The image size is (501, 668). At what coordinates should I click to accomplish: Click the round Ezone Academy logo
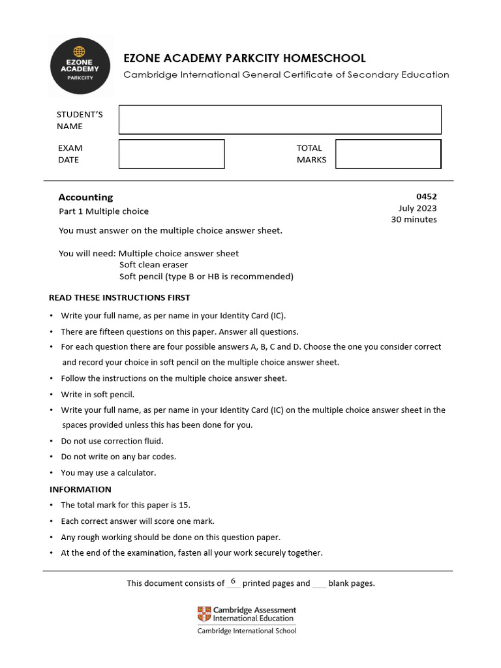[x=80, y=65]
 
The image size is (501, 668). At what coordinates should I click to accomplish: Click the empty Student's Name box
[x=280, y=119]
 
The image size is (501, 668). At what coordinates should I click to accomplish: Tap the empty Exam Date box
[x=172, y=154]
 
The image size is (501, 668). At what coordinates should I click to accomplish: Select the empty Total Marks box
[x=388, y=154]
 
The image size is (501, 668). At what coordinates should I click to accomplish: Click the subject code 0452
[x=426, y=196]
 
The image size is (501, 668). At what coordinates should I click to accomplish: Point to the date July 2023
[x=417, y=208]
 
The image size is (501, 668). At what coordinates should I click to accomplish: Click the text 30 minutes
[x=414, y=220]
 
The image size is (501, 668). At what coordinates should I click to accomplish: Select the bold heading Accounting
[x=85, y=197]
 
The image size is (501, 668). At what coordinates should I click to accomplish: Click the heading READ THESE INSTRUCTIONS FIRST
[x=119, y=297]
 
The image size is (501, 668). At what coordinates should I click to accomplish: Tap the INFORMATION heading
[x=80, y=489]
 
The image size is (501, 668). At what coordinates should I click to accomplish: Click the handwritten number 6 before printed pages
[x=233, y=581]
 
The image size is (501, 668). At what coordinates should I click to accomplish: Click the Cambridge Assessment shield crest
[x=204, y=614]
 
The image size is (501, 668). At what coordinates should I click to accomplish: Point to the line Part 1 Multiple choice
[x=104, y=211]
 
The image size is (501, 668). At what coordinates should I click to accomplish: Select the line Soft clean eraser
[x=153, y=265]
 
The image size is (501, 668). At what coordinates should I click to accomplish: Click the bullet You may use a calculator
[x=108, y=472]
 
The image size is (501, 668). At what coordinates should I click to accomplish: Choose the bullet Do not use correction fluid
[x=112, y=441]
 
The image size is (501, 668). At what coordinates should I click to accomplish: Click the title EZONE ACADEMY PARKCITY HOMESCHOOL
[x=245, y=58]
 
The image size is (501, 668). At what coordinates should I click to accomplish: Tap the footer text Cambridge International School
[x=247, y=631]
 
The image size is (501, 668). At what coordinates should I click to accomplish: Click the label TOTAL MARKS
[x=311, y=154]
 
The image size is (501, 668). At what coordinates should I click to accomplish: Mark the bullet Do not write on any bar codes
[x=119, y=457]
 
